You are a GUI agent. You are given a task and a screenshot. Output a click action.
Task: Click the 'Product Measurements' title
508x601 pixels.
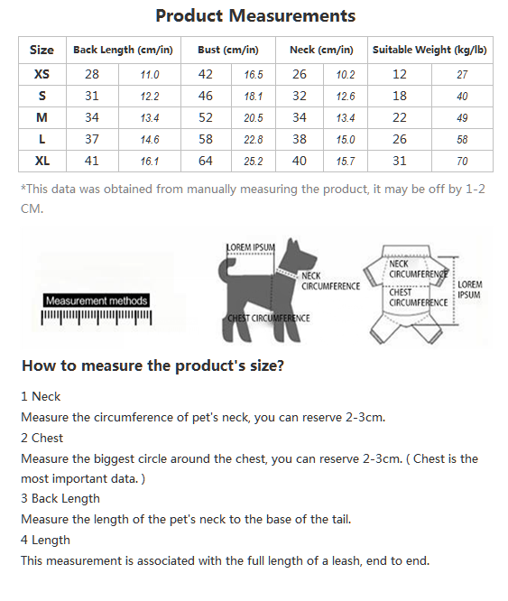[255, 16]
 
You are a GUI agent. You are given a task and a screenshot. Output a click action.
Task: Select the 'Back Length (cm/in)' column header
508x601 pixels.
[123, 50]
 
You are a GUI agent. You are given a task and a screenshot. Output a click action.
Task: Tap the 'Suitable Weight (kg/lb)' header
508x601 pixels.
[429, 50]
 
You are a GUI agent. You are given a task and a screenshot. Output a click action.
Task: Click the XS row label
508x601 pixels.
[42, 74]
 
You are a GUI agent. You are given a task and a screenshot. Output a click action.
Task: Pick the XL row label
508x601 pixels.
[42, 161]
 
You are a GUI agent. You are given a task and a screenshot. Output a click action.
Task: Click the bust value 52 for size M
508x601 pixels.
[206, 117]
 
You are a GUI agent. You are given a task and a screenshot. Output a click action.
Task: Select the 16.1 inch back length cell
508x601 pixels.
[150, 161]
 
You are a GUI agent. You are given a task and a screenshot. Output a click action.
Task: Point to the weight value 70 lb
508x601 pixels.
[462, 161]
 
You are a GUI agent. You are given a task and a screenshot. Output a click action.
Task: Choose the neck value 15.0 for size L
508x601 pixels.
[346, 140]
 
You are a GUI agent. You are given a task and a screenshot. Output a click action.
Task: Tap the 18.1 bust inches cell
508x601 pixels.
[254, 97]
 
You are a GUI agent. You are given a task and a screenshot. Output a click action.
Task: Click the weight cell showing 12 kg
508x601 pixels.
[399, 74]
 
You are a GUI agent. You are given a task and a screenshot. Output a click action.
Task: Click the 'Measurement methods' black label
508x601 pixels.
[97, 300]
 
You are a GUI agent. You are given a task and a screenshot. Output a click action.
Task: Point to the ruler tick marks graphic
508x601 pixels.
[97, 318]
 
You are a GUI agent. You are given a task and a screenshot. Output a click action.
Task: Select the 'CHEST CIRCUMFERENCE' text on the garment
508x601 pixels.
[419, 298]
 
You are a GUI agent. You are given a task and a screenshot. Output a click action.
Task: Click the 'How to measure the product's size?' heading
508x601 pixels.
[152, 365]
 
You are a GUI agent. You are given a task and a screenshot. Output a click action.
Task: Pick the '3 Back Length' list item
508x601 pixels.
[60, 498]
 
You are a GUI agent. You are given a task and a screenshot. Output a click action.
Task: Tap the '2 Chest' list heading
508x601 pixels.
[42, 438]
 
